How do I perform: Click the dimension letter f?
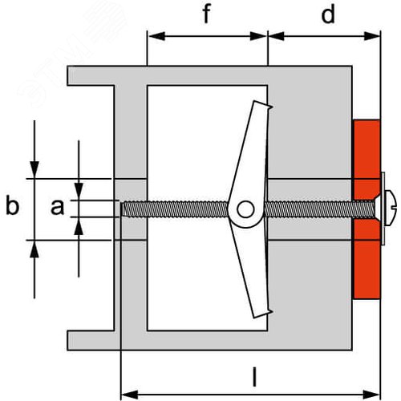coord(207,14)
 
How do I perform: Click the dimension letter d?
coord(328,14)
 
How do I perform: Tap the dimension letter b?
coord(12,205)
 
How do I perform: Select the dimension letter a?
coord(58,207)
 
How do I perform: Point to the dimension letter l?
coord(255,377)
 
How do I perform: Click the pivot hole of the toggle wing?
coord(245,209)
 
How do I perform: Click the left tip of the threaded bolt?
coord(122,209)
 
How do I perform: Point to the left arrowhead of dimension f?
coord(156,36)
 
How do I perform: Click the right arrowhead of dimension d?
coord(372,36)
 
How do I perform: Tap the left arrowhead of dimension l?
coord(130,395)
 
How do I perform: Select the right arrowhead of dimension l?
coord(371,395)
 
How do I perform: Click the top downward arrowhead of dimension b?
coord(34,170)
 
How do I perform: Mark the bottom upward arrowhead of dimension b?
coord(34,249)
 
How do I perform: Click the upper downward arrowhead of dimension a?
coord(79,192)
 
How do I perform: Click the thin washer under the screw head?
coord(383,209)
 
